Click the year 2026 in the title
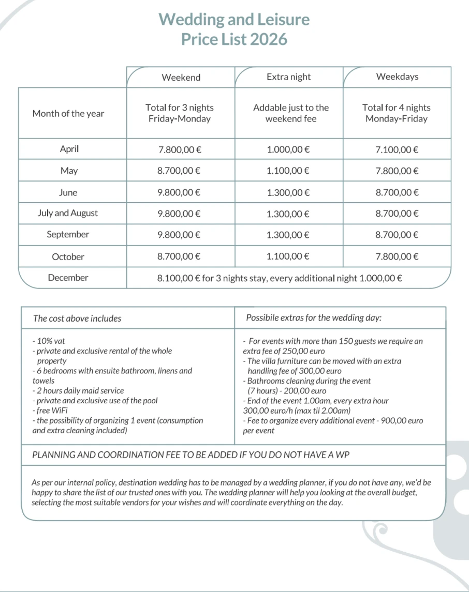268,39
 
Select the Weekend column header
181,78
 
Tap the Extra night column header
289,77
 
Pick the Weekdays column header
397,77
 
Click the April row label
69,149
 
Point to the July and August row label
68,214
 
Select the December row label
68,278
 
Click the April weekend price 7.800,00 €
179,150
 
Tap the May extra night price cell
288,171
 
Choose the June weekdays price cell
397,192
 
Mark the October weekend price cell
179,256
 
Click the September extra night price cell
288,235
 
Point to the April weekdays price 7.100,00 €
397,150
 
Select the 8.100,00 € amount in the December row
179,278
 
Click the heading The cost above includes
77,318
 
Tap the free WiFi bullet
50,411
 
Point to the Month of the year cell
68,114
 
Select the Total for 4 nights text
397,108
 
